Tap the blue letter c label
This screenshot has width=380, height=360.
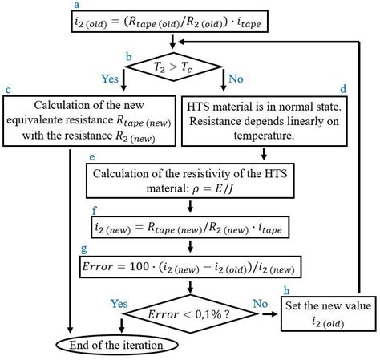point(7,90)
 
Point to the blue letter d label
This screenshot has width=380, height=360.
point(365,89)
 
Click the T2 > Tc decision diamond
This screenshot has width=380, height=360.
point(176,67)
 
